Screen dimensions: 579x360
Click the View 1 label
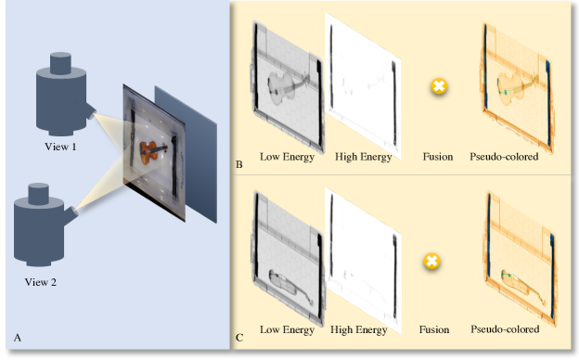point(60,147)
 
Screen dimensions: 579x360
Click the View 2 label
point(41,282)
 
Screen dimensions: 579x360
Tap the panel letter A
point(17,338)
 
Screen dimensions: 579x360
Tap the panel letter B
point(238,164)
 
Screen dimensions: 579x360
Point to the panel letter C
point(239,338)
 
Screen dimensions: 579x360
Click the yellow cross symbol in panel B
point(439,86)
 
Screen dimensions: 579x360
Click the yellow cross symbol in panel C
point(431,262)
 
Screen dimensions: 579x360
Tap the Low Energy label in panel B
point(287,157)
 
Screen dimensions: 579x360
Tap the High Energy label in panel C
point(358,329)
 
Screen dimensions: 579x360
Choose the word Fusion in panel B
point(438,157)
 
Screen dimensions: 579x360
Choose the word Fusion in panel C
point(434,329)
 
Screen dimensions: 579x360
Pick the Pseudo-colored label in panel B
point(504,157)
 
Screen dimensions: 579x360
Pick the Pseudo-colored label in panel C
point(505,329)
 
